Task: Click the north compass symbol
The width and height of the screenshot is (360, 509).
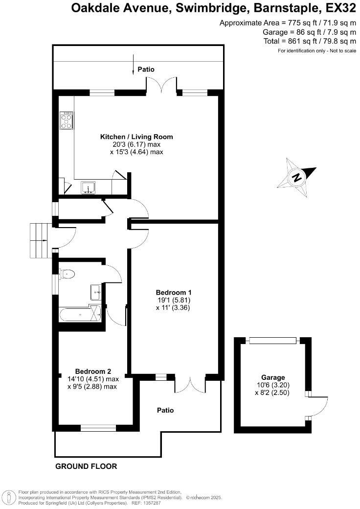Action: (296, 177)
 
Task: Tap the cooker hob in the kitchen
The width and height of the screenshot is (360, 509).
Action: (67, 120)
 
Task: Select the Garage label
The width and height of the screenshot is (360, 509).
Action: (273, 377)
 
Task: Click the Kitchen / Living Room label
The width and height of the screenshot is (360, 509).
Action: (136, 137)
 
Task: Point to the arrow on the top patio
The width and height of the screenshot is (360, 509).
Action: (134, 65)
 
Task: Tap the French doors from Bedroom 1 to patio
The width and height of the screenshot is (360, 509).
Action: (188, 384)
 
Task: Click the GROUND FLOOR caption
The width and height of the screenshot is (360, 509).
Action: (86, 466)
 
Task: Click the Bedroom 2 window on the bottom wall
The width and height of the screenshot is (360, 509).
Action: (98, 428)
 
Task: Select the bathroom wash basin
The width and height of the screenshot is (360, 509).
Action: (95, 292)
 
